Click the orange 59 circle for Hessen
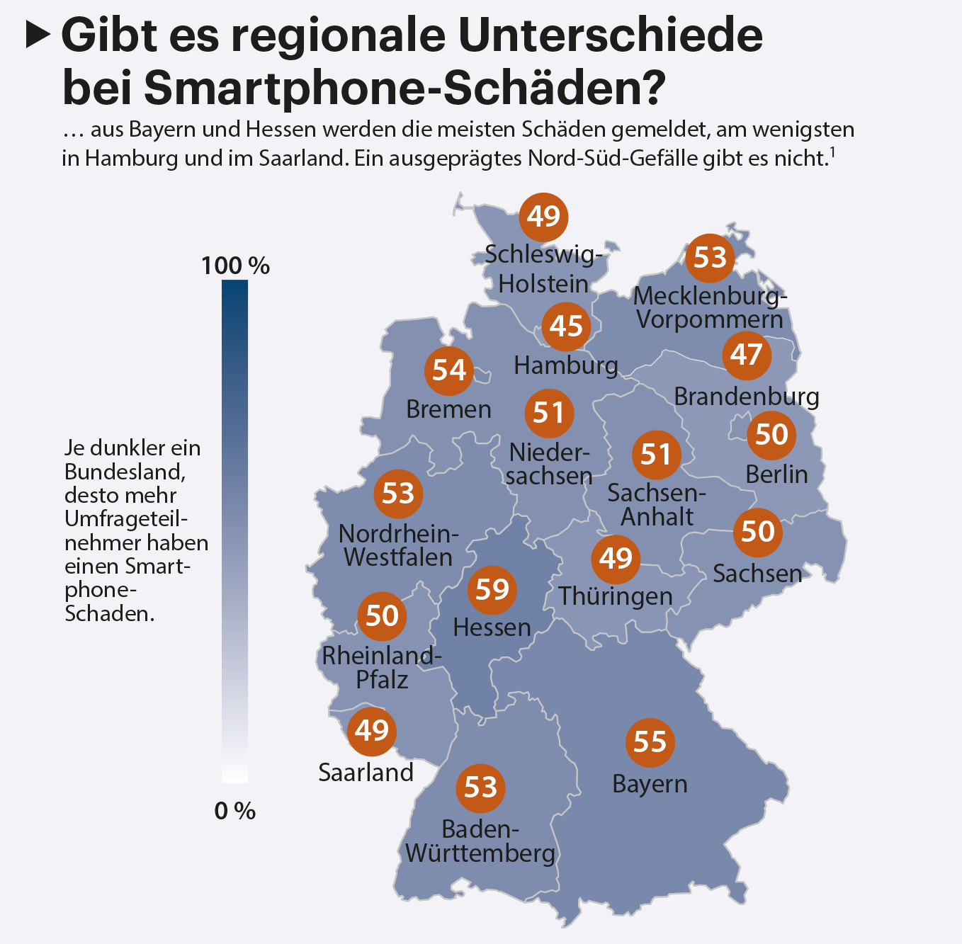point(492,589)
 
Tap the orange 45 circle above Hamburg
point(566,326)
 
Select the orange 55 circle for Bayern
point(650,742)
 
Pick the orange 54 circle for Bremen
point(449,370)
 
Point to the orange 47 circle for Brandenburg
point(747,354)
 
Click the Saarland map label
point(366,772)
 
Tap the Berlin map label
point(776,474)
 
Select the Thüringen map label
point(615,596)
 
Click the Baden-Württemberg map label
point(480,841)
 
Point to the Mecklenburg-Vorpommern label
point(710,307)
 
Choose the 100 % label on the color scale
point(235,266)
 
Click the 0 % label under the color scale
point(234,811)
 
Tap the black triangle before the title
point(38,34)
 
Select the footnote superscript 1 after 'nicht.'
point(833,152)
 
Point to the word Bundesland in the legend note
point(125,472)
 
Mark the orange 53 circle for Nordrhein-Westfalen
point(398,493)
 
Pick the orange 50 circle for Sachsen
point(757,531)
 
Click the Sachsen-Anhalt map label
point(657,504)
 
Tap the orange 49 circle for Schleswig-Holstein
point(544,216)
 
